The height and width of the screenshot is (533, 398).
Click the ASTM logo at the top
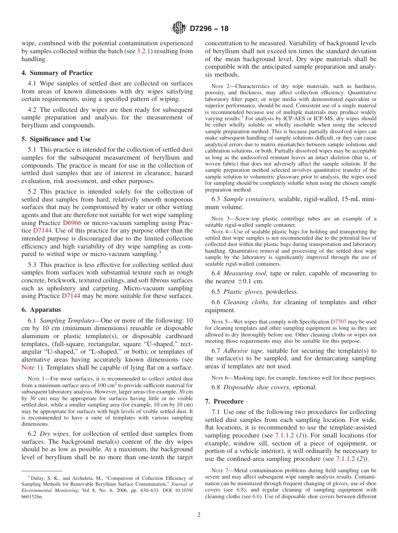coord(179,28)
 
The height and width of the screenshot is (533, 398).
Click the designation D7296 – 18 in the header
coord(209,29)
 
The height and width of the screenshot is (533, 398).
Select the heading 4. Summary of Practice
coord(57,73)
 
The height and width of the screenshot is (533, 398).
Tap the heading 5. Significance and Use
coord(56,139)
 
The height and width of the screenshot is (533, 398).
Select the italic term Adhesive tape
coord(244,350)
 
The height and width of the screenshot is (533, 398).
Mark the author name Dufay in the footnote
coord(37,478)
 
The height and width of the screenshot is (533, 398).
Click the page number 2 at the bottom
coord(199,515)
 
